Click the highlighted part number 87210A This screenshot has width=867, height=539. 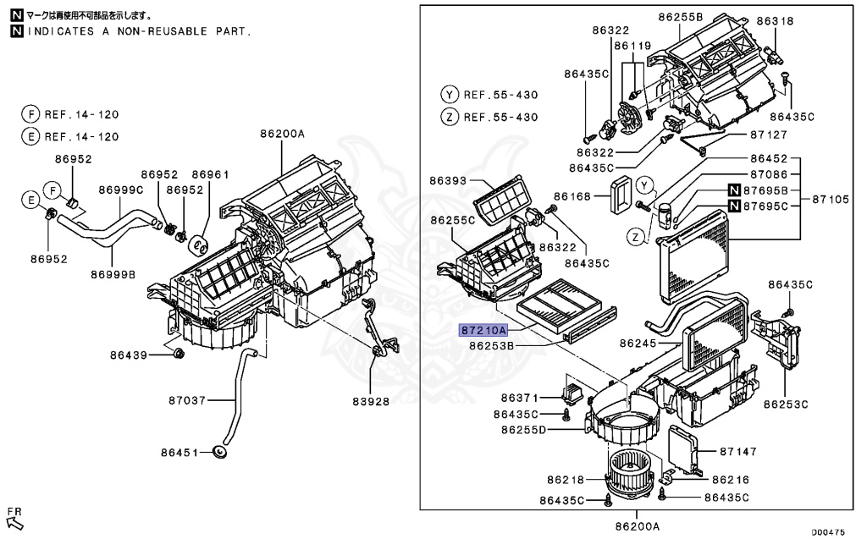(483, 331)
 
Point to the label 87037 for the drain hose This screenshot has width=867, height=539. (187, 399)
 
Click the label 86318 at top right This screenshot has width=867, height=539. (776, 21)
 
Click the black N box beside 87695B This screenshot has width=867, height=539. (734, 190)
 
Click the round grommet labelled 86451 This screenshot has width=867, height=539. (222, 453)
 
